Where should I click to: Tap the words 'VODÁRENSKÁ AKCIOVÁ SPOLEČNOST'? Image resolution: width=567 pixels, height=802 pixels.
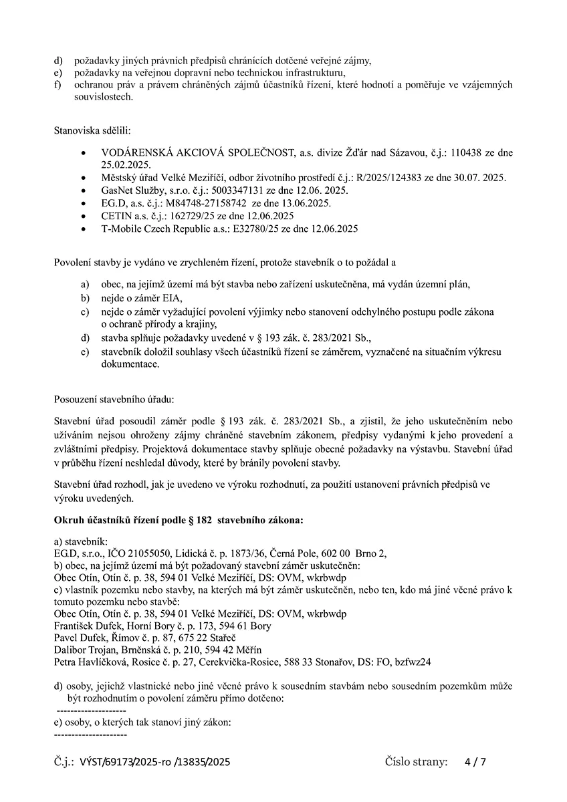197,153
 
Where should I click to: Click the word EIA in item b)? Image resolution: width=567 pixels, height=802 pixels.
172,297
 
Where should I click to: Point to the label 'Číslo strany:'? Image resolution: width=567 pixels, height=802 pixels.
416,762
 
